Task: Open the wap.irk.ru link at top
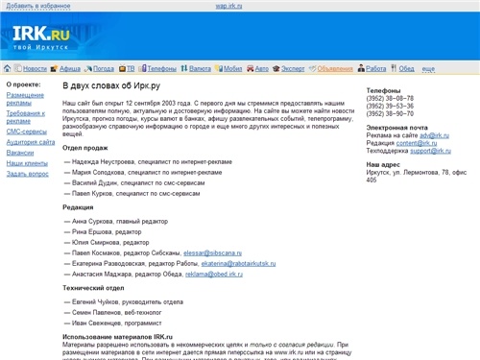(x=228, y=5)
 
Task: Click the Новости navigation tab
(x=35, y=69)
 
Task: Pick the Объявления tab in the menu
(x=335, y=69)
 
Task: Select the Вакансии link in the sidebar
(x=20, y=152)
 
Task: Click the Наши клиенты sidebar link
(x=26, y=163)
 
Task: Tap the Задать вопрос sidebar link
(x=28, y=174)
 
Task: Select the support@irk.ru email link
(x=432, y=152)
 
